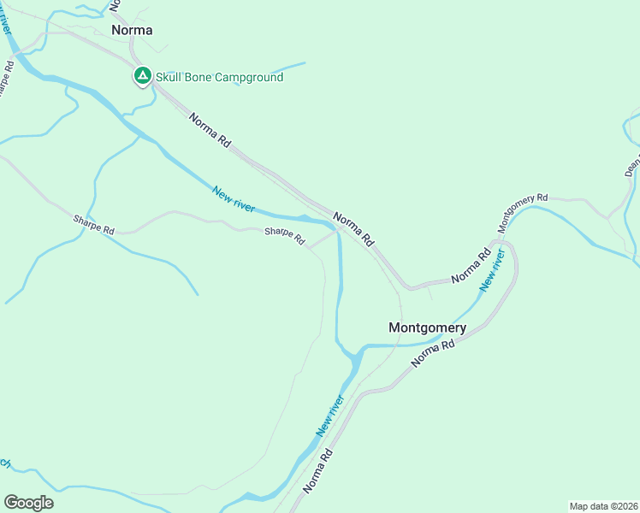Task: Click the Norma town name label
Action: (132, 30)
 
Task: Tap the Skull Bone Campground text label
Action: (219, 77)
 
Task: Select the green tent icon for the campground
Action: (142, 76)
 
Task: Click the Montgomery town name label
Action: (427, 327)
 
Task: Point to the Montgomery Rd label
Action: (523, 213)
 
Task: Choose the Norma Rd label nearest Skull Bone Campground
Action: (210, 132)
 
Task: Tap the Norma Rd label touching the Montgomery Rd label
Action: (471, 265)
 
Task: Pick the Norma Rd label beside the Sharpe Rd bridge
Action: (354, 229)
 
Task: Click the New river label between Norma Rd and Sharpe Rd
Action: (234, 199)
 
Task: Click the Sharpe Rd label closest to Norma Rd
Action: (284, 237)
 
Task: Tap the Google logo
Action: (28, 503)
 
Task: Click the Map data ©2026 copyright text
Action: (603, 505)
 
